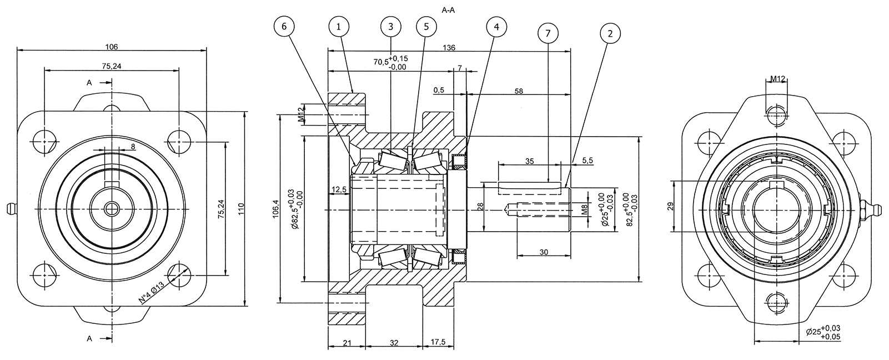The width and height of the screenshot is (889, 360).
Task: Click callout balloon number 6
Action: tap(285, 26)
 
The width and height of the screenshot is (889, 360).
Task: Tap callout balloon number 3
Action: tap(391, 26)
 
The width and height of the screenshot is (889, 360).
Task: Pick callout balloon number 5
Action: tap(425, 26)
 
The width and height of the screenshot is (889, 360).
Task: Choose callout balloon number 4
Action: tap(496, 26)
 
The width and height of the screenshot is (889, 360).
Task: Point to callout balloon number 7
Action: tap(548, 33)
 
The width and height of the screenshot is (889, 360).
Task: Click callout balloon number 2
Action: tap(610, 33)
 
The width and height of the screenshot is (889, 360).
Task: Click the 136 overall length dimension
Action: tap(449, 48)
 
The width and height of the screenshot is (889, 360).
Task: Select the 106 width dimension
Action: tap(111, 47)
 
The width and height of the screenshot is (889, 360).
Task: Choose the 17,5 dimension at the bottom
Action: tap(438, 343)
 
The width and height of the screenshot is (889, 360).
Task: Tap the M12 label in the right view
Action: tap(777, 79)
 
